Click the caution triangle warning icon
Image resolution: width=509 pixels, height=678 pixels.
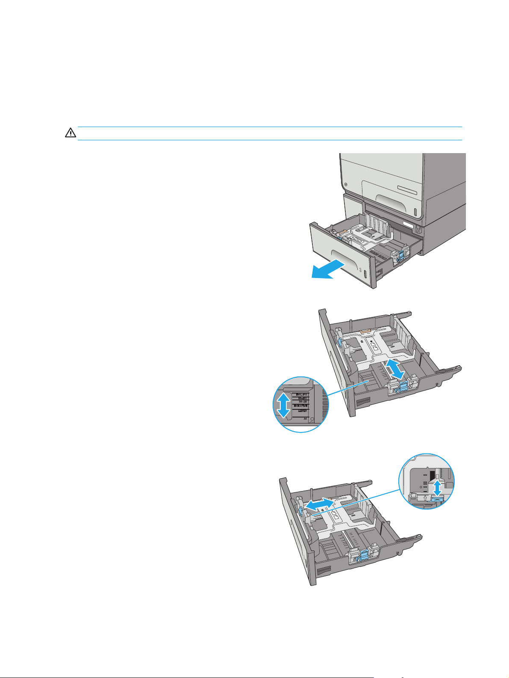[x=70, y=133]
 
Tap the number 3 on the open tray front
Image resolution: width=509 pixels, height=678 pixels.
[x=360, y=271]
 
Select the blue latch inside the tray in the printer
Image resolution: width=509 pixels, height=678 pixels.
[x=400, y=255]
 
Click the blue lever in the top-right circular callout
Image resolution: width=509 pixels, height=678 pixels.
[x=438, y=498]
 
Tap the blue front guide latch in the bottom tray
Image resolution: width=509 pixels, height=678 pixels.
[x=364, y=556]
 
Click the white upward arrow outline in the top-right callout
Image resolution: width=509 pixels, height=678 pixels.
[x=426, y=498]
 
